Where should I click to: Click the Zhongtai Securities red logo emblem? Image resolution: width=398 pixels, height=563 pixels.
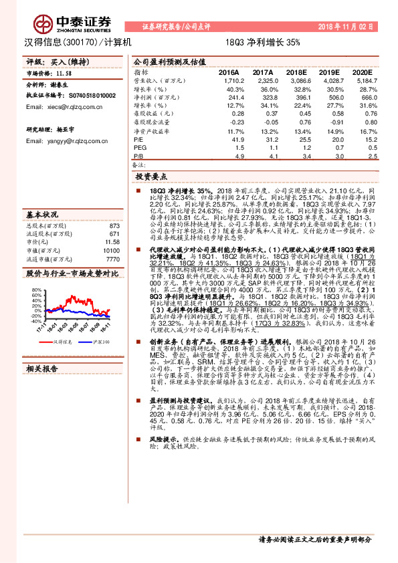(45, 23)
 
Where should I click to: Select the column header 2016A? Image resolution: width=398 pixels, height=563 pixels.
(229, 72)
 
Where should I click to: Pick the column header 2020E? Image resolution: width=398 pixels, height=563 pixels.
(361, 72)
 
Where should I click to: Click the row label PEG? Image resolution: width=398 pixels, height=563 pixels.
(139, 147)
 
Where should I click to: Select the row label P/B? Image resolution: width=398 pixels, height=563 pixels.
(138, 155)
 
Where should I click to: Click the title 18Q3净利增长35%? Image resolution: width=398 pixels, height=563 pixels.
(263, 41)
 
